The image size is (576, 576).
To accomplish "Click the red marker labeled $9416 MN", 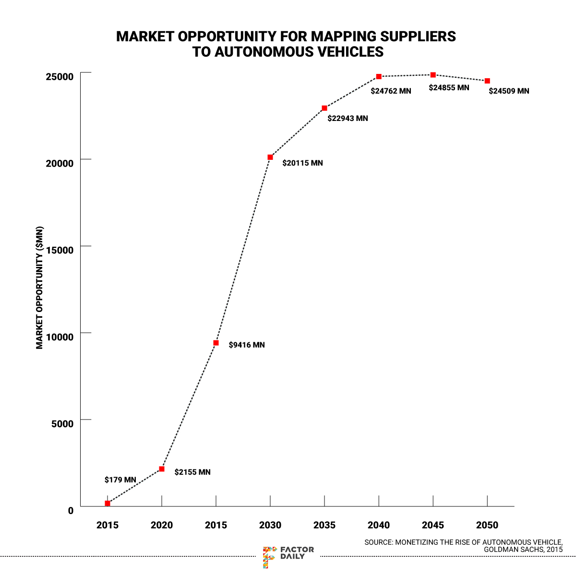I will pos(216,343).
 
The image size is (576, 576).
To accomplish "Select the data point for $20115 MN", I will pos(270,157).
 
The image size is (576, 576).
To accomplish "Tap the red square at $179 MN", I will pos(108,503).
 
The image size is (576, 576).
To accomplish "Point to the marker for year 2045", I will pos(433,75).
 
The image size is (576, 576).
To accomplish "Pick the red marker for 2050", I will pos(487,81).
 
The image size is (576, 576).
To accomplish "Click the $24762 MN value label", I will pos(391,91).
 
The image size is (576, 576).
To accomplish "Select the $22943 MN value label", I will pos(348,118).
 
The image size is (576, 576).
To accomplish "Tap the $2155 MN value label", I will pos(192,472).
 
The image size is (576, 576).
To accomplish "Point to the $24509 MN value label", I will pos(509,91).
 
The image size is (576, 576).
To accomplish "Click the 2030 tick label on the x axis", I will pos(270,525).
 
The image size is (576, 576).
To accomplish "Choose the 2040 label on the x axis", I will pos(379,525).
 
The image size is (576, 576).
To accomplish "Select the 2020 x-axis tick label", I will pos(162,525).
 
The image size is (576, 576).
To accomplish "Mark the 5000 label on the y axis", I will pos(62,423).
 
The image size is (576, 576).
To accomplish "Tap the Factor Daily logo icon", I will pos(269,557).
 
